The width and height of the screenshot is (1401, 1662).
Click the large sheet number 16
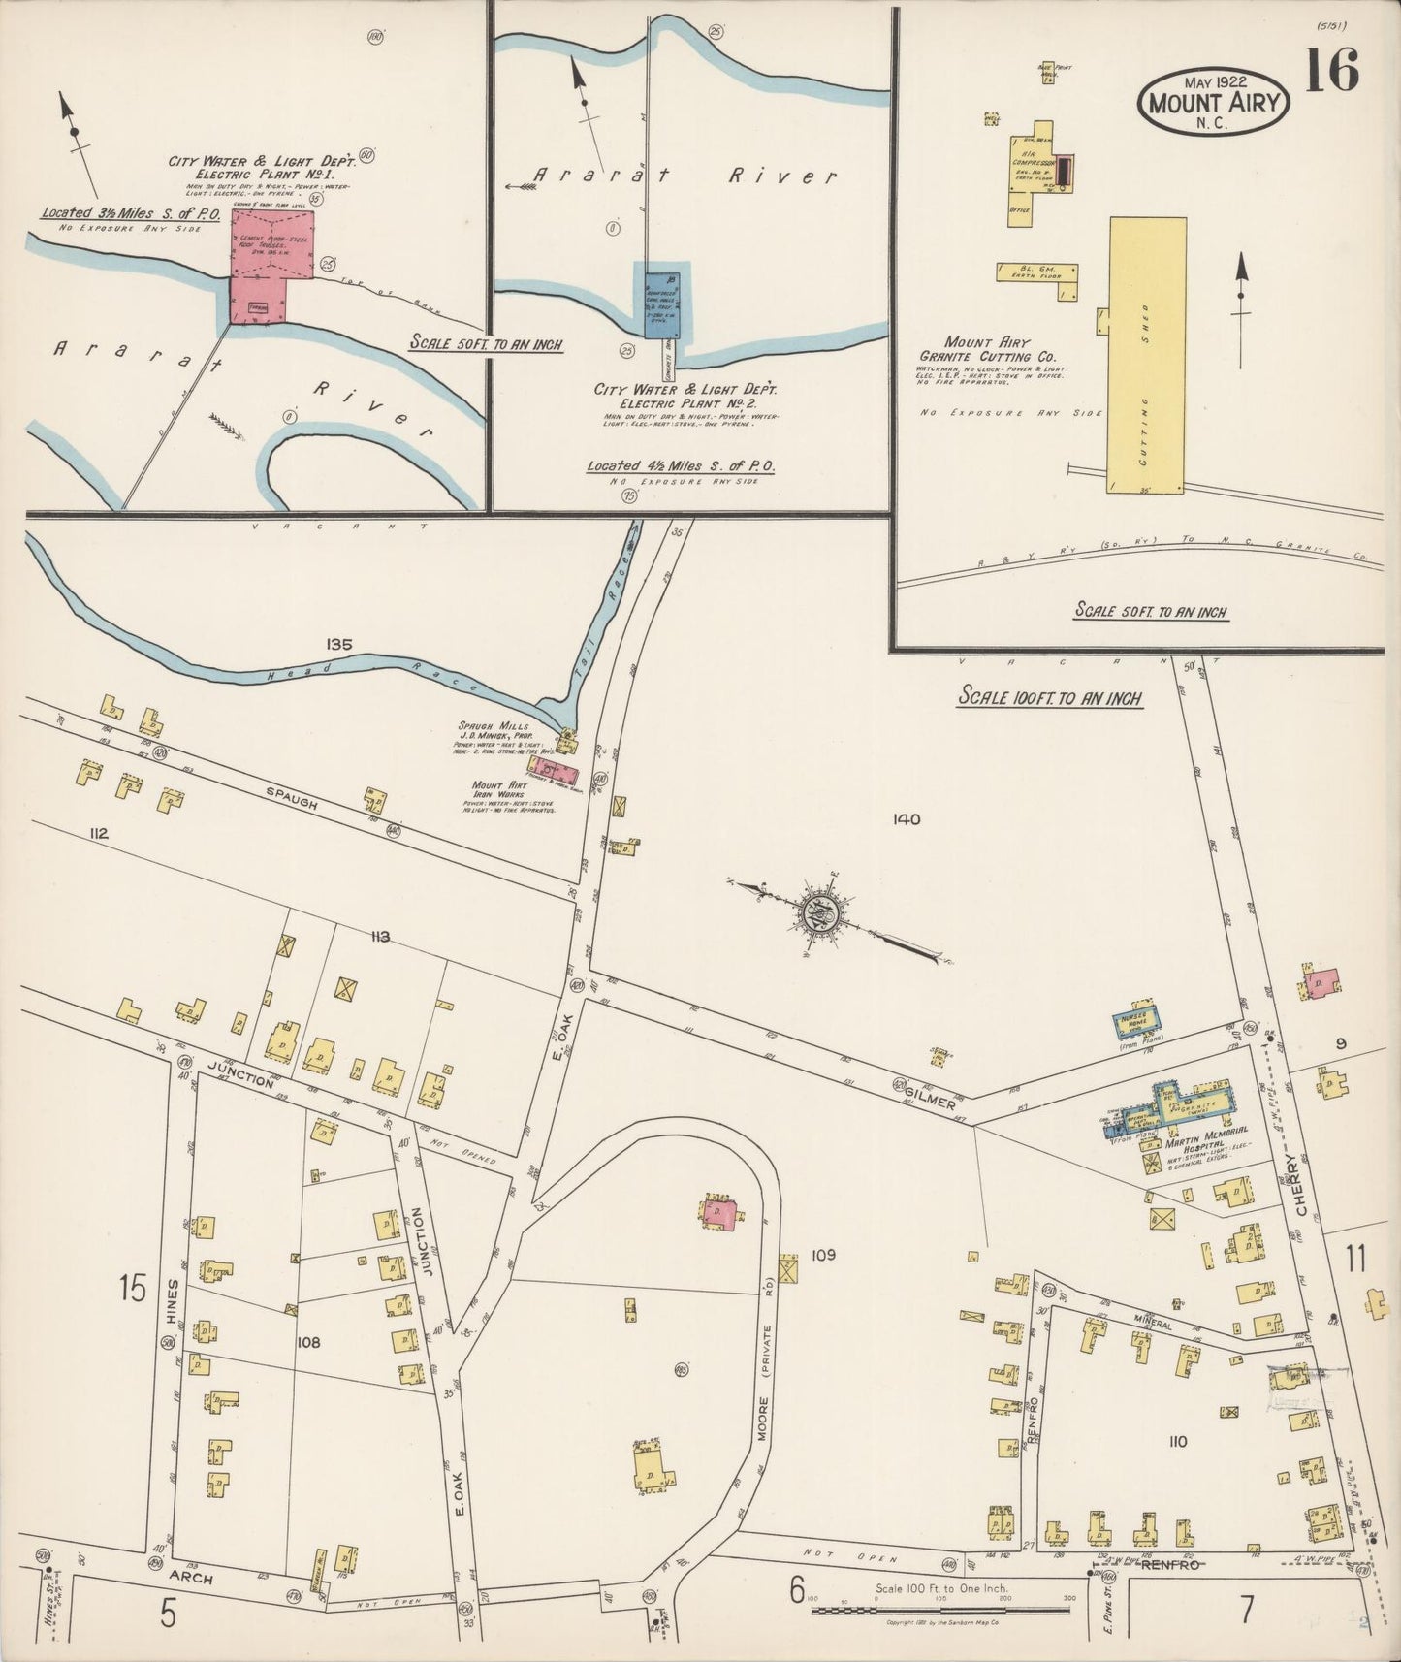tap(1332, 70)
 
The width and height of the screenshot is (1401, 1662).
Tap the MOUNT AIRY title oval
tap(1214, 100)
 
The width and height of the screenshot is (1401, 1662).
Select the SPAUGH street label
tap(292, 797)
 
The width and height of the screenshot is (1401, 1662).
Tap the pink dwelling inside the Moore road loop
tap(721, 1214)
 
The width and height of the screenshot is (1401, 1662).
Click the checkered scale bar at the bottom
tap(939, 1610)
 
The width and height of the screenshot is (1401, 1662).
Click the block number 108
tap(308, 1343)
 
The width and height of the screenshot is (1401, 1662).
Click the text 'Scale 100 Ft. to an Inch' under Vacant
tap(1050, 696)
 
